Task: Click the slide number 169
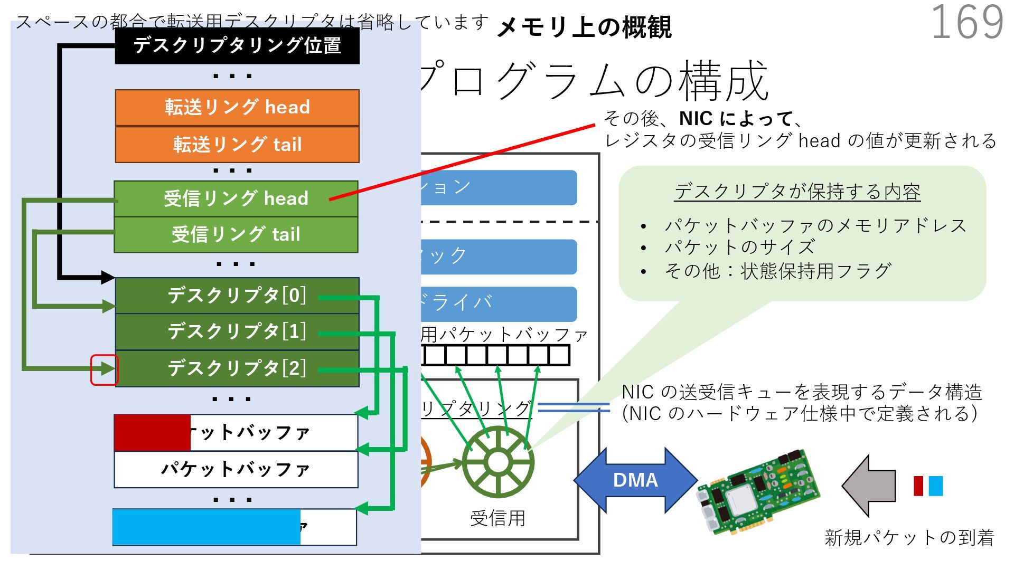pyautogui.click(x=967, y=22)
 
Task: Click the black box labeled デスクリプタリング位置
pyautogui.click(x=237, y=46)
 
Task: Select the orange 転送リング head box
pyautogui.click(x=237, y=108)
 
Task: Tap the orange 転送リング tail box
pyautogui.click(x=237, y=145)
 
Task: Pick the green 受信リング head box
pyautogui.click(x=236, y=199)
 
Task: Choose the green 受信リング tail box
pyautogui.click(x=236, y=234)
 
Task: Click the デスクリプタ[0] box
pyautogui.click(x=237, y=296)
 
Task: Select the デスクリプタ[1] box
pyautogui.click(x=237, y=331)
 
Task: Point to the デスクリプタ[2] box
pyautogui.click(x=237, y=368)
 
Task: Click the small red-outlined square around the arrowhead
pyautogui.click(x=104, y=369)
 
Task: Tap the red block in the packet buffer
pyautogui.click(x=152, y=433)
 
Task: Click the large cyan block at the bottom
pyautogui.click(x=206, y=527)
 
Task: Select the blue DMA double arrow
pyautogui.click(x=635, y=480)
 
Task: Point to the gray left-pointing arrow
pyautogui.click(x=869, y=486)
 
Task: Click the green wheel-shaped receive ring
pyautogui.click(x=497, y=462)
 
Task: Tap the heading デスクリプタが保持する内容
pyautogui.click(x=797, y=192)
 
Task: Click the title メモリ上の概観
pyautogui.click(x=584, y=27)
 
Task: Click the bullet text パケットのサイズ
pyautogui.click(x=739, y=247)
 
